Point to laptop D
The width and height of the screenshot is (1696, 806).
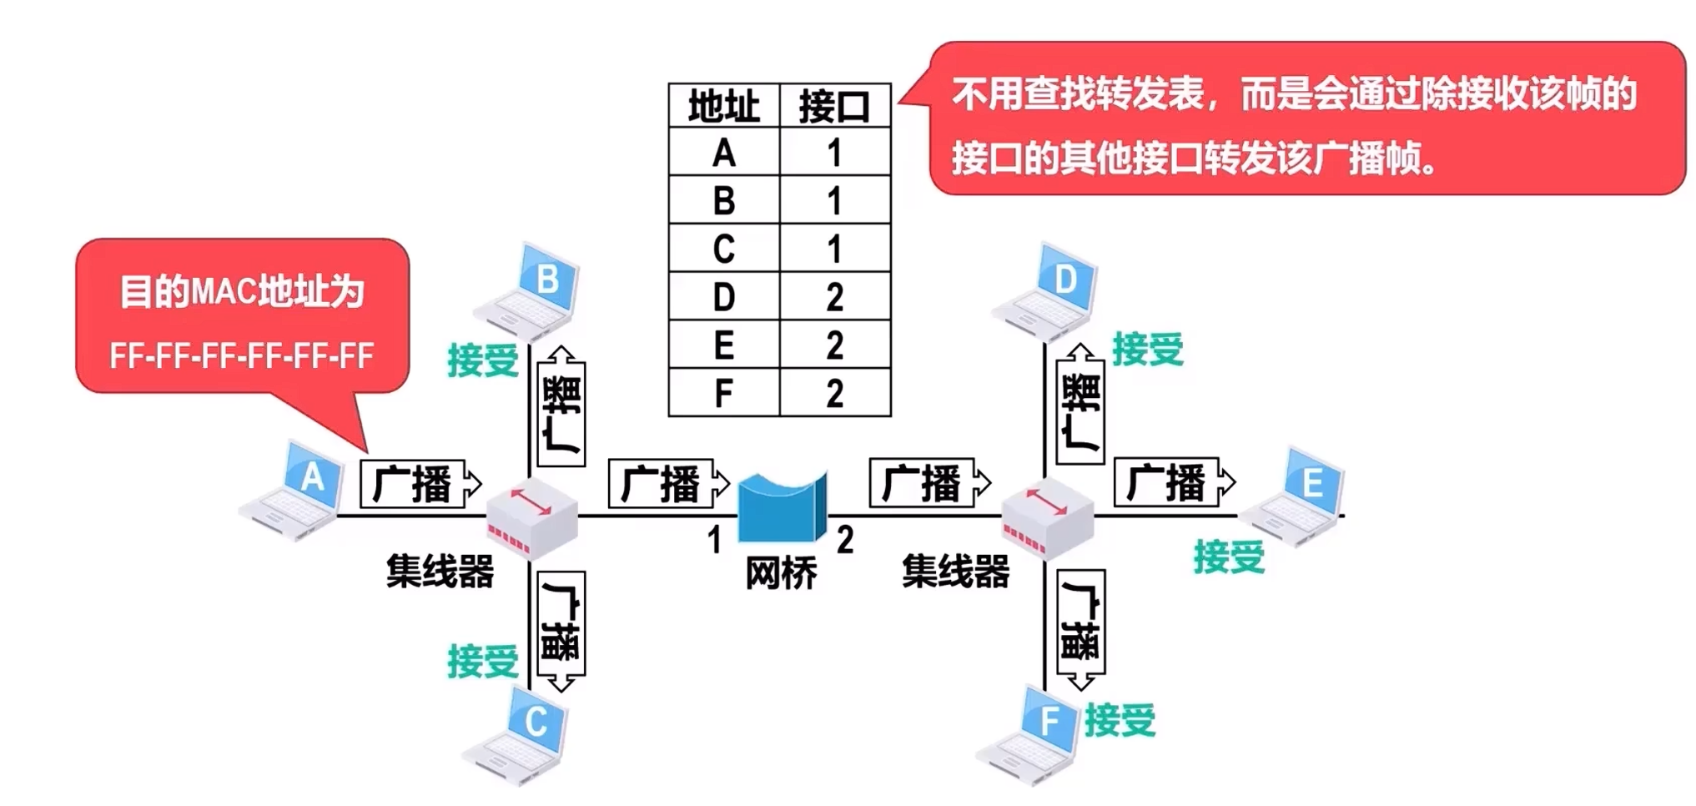click(1047, 293)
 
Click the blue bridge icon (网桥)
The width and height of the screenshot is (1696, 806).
click(782, 507)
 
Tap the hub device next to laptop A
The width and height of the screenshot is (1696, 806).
click(532, 518)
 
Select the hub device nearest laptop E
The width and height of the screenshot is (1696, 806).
click(1047, 518)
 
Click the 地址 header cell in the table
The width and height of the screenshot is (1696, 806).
click(723, 107)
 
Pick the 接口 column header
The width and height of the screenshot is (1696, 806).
click(834, 107)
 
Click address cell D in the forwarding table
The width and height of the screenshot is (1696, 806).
click(723, 297)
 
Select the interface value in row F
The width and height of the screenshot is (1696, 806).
click(834, 393)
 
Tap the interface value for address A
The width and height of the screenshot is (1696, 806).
click(834, 153)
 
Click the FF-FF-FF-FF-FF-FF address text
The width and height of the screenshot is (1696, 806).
click(242, 356)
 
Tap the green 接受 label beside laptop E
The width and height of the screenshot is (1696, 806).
click(1229, 557)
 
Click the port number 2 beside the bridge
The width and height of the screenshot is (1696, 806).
click(845, 541)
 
